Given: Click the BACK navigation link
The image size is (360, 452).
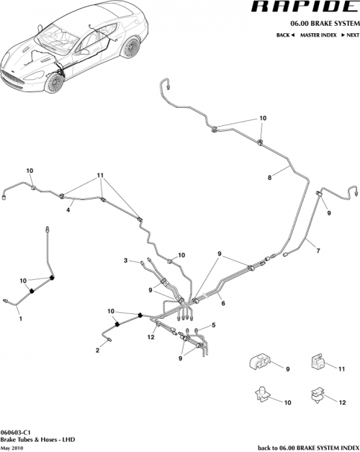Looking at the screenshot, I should point(286,35).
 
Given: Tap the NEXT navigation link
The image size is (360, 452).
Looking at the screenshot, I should point(348,35).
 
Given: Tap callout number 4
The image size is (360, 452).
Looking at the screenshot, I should point(68,210).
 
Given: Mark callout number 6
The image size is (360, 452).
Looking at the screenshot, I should point(223,304).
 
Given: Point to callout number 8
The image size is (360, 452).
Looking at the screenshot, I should point(270,177).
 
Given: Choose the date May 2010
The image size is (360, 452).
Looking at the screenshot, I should point(12,447).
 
